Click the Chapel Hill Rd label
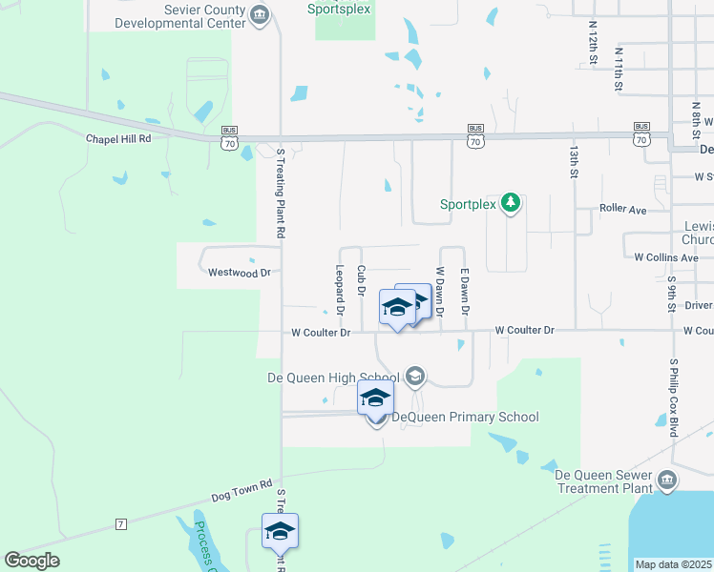(118, 139)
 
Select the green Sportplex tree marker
(511, 203)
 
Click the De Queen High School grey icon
(414, 377)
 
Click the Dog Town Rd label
(241, 491)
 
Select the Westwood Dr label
(240, 273)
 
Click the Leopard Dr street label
(339, 290)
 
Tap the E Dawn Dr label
(465, 292)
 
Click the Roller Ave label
(623, 208)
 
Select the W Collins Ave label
(666, 257)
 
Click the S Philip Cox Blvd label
(673, 398)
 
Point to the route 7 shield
(120, 524)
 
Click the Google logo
(31, 561)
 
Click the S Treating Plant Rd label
(281, 192)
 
